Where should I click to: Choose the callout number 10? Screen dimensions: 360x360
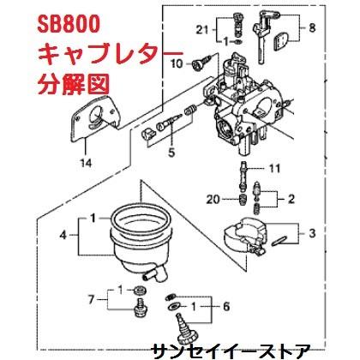tap(177, 63)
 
